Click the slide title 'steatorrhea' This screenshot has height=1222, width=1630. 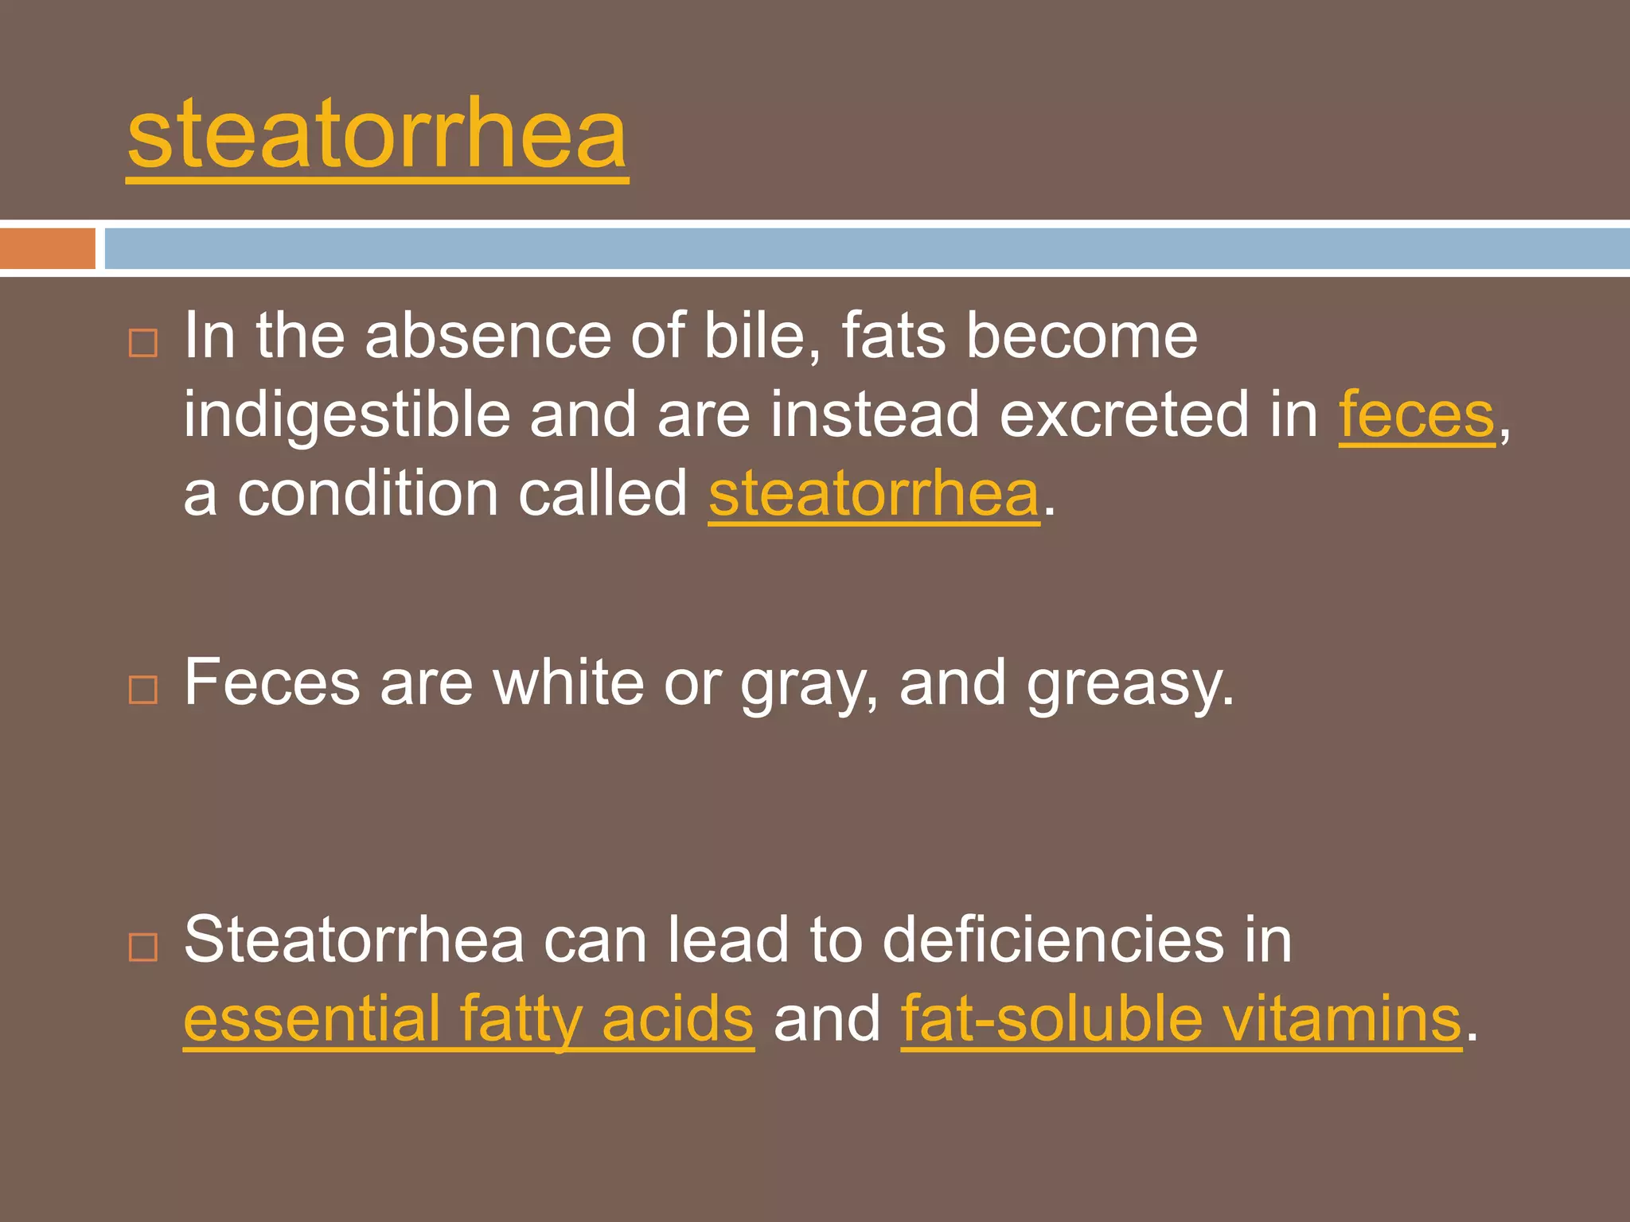[377, 135]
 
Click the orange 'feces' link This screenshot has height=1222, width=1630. [1417, 414]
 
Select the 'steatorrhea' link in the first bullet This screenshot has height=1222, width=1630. [874, 493]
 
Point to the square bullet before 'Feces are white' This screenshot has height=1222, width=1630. [143, 689]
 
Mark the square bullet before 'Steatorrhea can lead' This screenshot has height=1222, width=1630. [143, 947]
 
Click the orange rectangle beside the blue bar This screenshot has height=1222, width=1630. [47, 248]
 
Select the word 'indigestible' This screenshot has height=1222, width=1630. [346, 414]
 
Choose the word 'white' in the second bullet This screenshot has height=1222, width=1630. [568, 683]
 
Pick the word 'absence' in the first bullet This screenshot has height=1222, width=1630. [488, 336]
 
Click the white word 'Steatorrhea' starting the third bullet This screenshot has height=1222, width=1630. [353, 940]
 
